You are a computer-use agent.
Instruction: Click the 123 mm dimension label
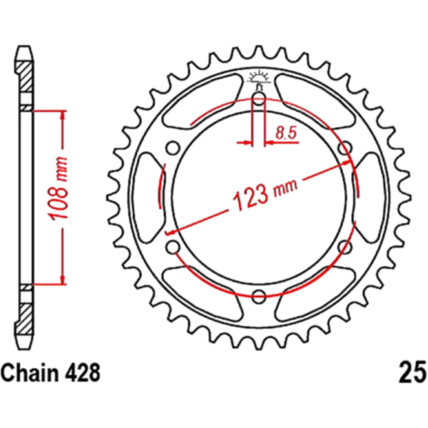(x=264, y=194)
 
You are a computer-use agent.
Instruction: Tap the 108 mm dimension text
(x=58, y=188)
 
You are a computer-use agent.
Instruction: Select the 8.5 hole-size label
(x=286, y=133)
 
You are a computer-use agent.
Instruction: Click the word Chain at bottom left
(x=29, y=373)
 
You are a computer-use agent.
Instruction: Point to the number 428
(x=83, y=373)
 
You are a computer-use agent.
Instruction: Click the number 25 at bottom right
(x=413, y=373)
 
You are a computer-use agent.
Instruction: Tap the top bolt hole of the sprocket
(x=259, y=98)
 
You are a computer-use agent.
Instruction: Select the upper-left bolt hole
(x=173, y=148)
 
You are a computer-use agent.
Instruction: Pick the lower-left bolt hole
(x=173, y=248)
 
